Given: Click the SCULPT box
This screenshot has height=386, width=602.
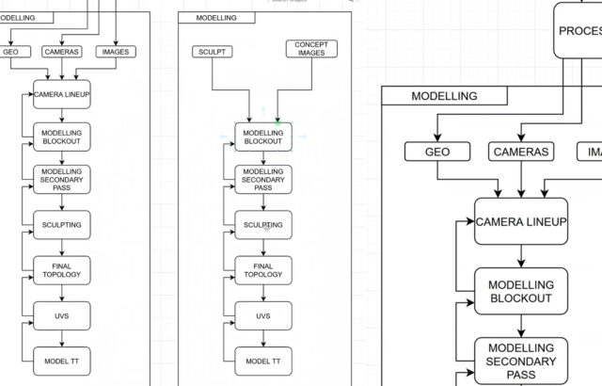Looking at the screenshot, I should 213,52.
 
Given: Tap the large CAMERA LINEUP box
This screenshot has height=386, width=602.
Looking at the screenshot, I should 520,221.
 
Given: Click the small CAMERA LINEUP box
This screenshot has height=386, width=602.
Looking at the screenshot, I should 62,94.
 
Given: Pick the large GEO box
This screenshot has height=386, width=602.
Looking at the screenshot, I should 437,152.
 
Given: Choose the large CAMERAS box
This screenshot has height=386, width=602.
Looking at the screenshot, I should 520,152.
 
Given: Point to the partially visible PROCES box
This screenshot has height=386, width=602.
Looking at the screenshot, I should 577,30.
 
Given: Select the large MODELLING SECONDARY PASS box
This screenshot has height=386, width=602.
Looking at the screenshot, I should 520,362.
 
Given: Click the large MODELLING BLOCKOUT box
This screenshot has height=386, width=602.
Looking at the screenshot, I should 520,291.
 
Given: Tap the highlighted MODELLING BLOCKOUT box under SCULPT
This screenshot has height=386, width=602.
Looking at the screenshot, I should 263,137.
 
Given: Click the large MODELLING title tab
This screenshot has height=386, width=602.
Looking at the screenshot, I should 444,96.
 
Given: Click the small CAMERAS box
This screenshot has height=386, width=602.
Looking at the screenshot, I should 62,52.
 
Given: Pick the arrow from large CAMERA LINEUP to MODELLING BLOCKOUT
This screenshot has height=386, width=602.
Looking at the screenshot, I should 520,256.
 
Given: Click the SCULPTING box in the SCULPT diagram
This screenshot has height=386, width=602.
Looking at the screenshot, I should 263,225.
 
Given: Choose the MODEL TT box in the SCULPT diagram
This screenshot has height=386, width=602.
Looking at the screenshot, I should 263,361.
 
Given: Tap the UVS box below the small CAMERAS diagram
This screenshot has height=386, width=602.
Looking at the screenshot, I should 62,315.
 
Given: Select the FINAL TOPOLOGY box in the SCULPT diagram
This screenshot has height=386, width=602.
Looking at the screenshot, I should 263,270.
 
